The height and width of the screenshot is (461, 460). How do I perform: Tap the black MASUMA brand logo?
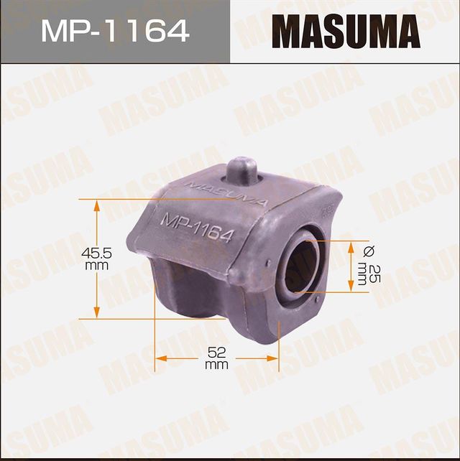[345, 32]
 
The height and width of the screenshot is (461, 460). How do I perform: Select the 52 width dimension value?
[216, 353]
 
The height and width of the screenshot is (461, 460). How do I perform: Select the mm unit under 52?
[216, 365]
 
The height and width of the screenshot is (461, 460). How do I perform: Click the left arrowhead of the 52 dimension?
[162, 357]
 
